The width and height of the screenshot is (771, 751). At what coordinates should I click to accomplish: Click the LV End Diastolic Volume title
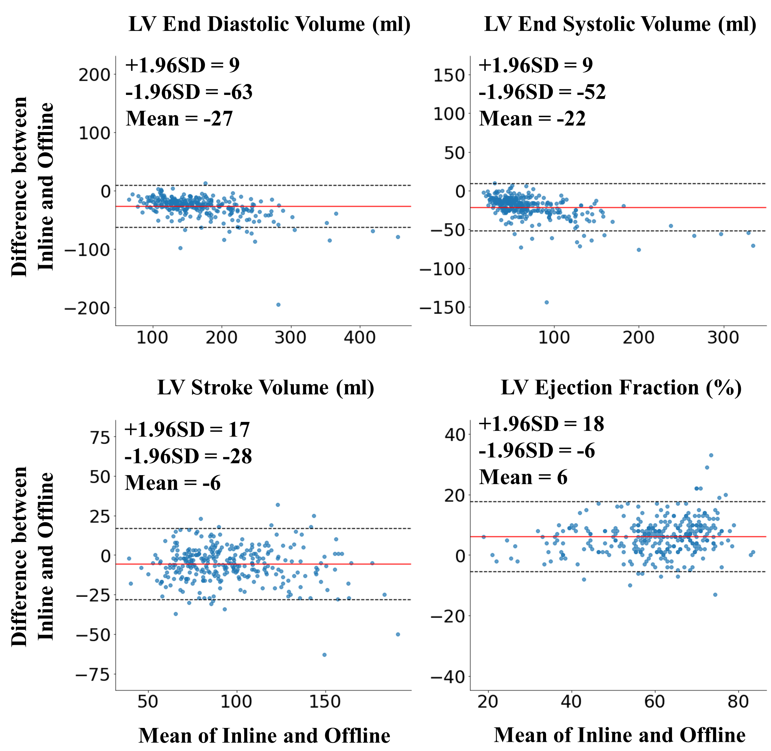point(270,25)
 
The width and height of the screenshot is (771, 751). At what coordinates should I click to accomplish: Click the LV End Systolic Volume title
point(620,25)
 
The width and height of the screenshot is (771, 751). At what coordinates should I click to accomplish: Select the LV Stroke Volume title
point(266,388)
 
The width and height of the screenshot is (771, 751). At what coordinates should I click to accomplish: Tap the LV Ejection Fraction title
point(621,388)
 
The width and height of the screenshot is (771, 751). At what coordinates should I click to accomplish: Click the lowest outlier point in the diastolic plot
point(278,305)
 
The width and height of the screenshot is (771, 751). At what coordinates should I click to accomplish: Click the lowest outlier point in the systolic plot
point(547,302)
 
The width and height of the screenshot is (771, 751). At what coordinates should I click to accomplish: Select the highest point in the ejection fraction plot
point(711,455)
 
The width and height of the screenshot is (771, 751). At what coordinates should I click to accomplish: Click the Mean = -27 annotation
point(179,118)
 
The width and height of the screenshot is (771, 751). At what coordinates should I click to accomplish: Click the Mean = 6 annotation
point(523,477)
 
